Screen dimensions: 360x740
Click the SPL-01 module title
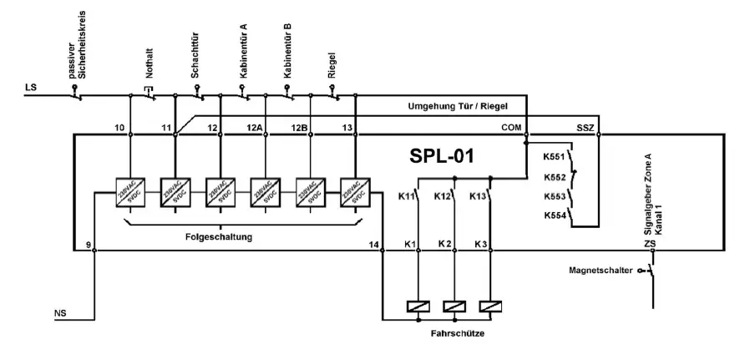442,157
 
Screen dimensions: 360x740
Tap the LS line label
32,86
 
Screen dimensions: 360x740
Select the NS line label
60,314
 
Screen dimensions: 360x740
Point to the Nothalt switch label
150,66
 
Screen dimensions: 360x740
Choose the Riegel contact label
332,64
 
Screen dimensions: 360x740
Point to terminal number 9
88,244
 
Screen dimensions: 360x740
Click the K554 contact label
555,215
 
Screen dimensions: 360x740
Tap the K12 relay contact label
444,196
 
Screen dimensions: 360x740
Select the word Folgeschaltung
219,237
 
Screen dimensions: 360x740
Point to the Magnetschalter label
600,271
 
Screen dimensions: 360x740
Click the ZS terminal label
649,244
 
